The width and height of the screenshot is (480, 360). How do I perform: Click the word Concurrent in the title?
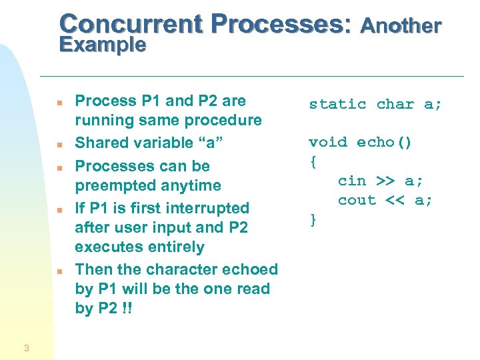pyautogui.click(x=131, y=24)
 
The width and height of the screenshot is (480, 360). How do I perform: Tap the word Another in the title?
pyautogui.click(x=401, y=26)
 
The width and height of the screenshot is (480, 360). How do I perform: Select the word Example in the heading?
pyautogui.click(x=102, y=45)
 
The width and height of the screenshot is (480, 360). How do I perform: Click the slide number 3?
pyautogui.click(x=26, y=347)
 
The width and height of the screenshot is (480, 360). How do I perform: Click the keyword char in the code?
pyautogui.click(x=395, y=105)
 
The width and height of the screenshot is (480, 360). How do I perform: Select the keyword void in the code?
pyautogui.click(x=328, y=143)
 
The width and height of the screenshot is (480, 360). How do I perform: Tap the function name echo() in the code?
pyautogui.click(x=385, y=143)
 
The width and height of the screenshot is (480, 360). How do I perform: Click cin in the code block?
pyautogui.click(x=352, y=181)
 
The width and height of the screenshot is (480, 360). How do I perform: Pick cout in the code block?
pyautogui.click(x=357, y=201)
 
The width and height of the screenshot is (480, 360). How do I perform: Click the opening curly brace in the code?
pyautogui.click(x=313, y=162)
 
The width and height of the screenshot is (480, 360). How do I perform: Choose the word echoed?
pyautogui.click(x=247, y=269)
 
